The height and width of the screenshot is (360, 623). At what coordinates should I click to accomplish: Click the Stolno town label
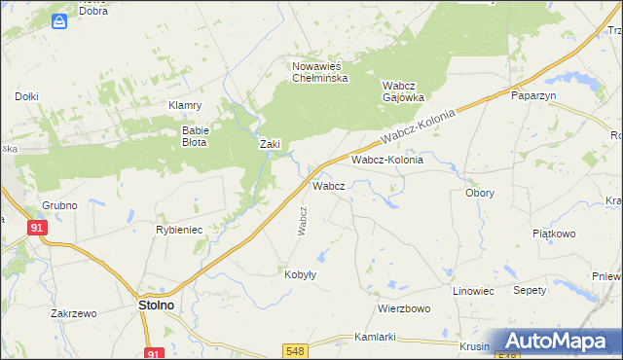pyautogui.click(x=150, y=306)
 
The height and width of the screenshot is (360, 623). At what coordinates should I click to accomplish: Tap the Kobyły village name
pyautogui.click(x=300, y=274)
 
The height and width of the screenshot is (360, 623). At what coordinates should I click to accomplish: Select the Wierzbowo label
pyautogui.click(x=404, y=308)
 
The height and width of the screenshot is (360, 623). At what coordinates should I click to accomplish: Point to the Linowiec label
pyautogui.click(x=474, y=291)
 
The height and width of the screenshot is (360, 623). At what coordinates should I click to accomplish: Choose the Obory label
pyautogui.click(x=479, y=193)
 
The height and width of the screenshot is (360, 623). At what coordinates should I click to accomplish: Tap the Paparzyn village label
pyautogui.click(x=532, y=95)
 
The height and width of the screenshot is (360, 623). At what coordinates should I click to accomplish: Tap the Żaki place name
pyautogui.click(x=270, y=144)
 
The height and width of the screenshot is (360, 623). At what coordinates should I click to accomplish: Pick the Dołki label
pyautogui.click(x=26, y=96)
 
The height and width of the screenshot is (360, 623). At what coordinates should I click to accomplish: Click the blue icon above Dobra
pyautogui.click(x=60, y=19)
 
